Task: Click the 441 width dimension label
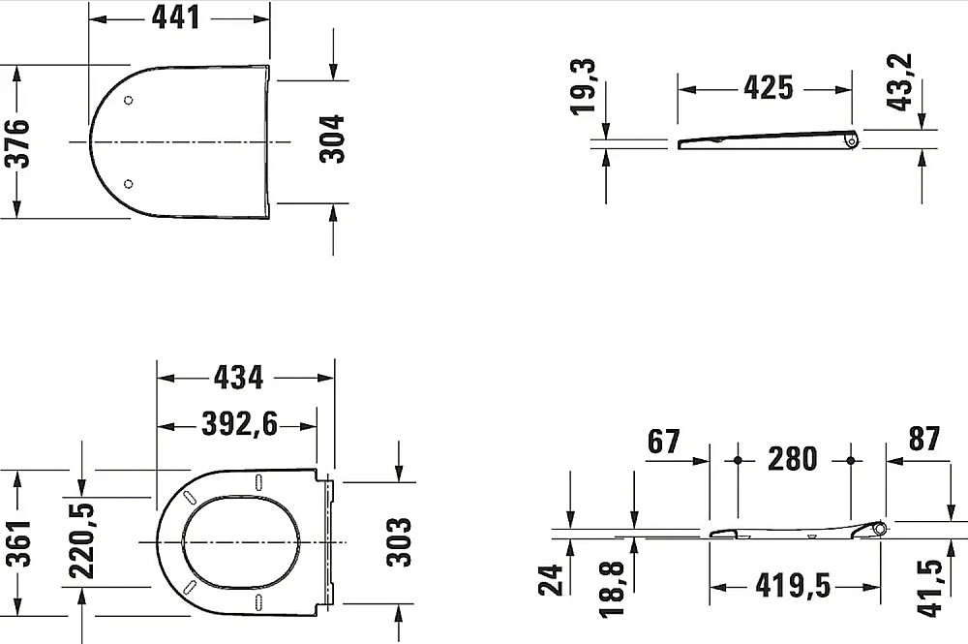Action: pyautogui.click(x=176, y=17)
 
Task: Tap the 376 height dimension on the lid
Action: pyautogui.click(x=17, y=143)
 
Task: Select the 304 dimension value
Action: pyautogui.click(x=331, y=138)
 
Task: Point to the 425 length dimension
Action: pyautogui.click(x=768, y=88)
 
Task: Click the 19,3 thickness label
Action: pyautogui.click(x=583, y=86)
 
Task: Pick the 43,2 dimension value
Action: pyautogui.click(x=899, y=82)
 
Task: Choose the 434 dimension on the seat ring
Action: pyautogui.click(x=238, y=378)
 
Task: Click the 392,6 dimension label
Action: pyautogui.click(x=239, y=424)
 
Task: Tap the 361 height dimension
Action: pyautogui.click(x=18, y=542)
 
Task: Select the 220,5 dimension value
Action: pyautogui.click(x=81, y=541)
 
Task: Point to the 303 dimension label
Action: pyautogui.click(x=399, y=542)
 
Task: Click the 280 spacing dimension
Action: pyautogui.click(x=793, y=459)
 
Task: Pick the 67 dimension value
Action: pyautogui.click(x=664, y=442)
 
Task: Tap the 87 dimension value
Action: pyautogui.click(x=924, y=439)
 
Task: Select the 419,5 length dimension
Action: pyautogui.click(x=794, y=585)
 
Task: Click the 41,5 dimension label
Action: pyautogui.click(x=930, y=587)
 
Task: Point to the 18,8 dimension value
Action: pyautogui.click(x=613, y=589)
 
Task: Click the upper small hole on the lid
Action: pyautogui.click(x=129, y=100)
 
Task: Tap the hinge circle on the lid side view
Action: pyautogui.click(x=852, y=141)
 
